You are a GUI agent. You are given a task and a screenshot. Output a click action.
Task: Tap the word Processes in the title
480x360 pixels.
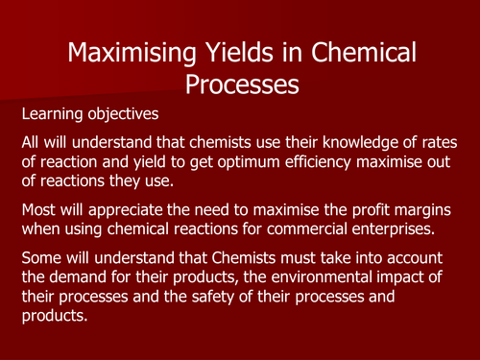tap(239, 85)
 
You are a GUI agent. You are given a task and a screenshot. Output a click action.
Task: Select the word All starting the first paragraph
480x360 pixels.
tap(34, 141)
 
